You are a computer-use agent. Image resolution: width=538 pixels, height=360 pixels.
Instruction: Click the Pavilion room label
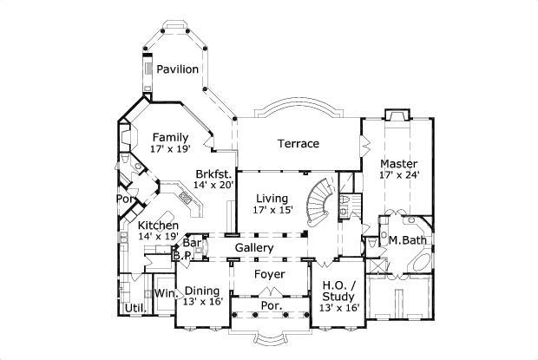178,69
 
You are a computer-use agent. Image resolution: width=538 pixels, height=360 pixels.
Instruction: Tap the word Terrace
298,143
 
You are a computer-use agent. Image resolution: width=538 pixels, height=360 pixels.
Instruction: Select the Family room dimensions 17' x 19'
171,149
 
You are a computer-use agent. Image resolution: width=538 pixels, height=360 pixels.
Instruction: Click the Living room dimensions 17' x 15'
272,209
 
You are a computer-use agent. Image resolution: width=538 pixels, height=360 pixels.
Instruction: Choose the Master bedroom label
399,163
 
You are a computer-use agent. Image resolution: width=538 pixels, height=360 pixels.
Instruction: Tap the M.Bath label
405,239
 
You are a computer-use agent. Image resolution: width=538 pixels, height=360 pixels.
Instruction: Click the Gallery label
254,248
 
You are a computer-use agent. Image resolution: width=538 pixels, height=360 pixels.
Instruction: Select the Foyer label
269,274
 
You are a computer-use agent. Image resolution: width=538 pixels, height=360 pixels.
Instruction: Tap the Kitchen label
158,226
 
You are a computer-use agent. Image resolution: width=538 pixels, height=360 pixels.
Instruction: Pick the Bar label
191,244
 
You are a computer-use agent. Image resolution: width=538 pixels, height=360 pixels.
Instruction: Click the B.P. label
181,256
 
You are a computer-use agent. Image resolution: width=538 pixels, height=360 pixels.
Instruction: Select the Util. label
134,308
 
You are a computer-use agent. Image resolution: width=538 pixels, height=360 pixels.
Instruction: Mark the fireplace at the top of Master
397,115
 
